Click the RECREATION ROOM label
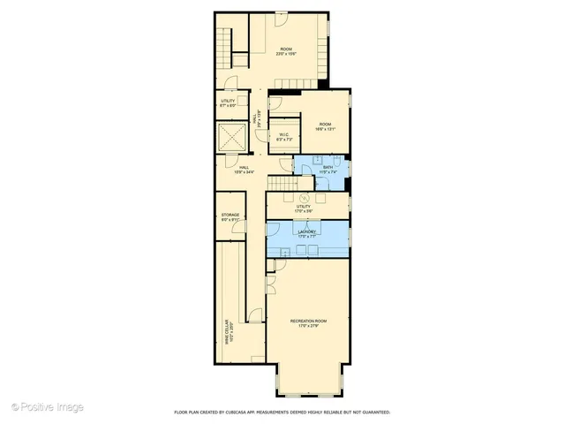[x=309, y=323]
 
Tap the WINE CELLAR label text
[x=227, y=339]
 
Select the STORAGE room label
[x=230, y=217]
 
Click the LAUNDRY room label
[x=308, y=232]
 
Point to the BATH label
[x=328, y=168]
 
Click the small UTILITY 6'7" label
[x=228, y=103]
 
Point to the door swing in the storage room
[x=237, y=229]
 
